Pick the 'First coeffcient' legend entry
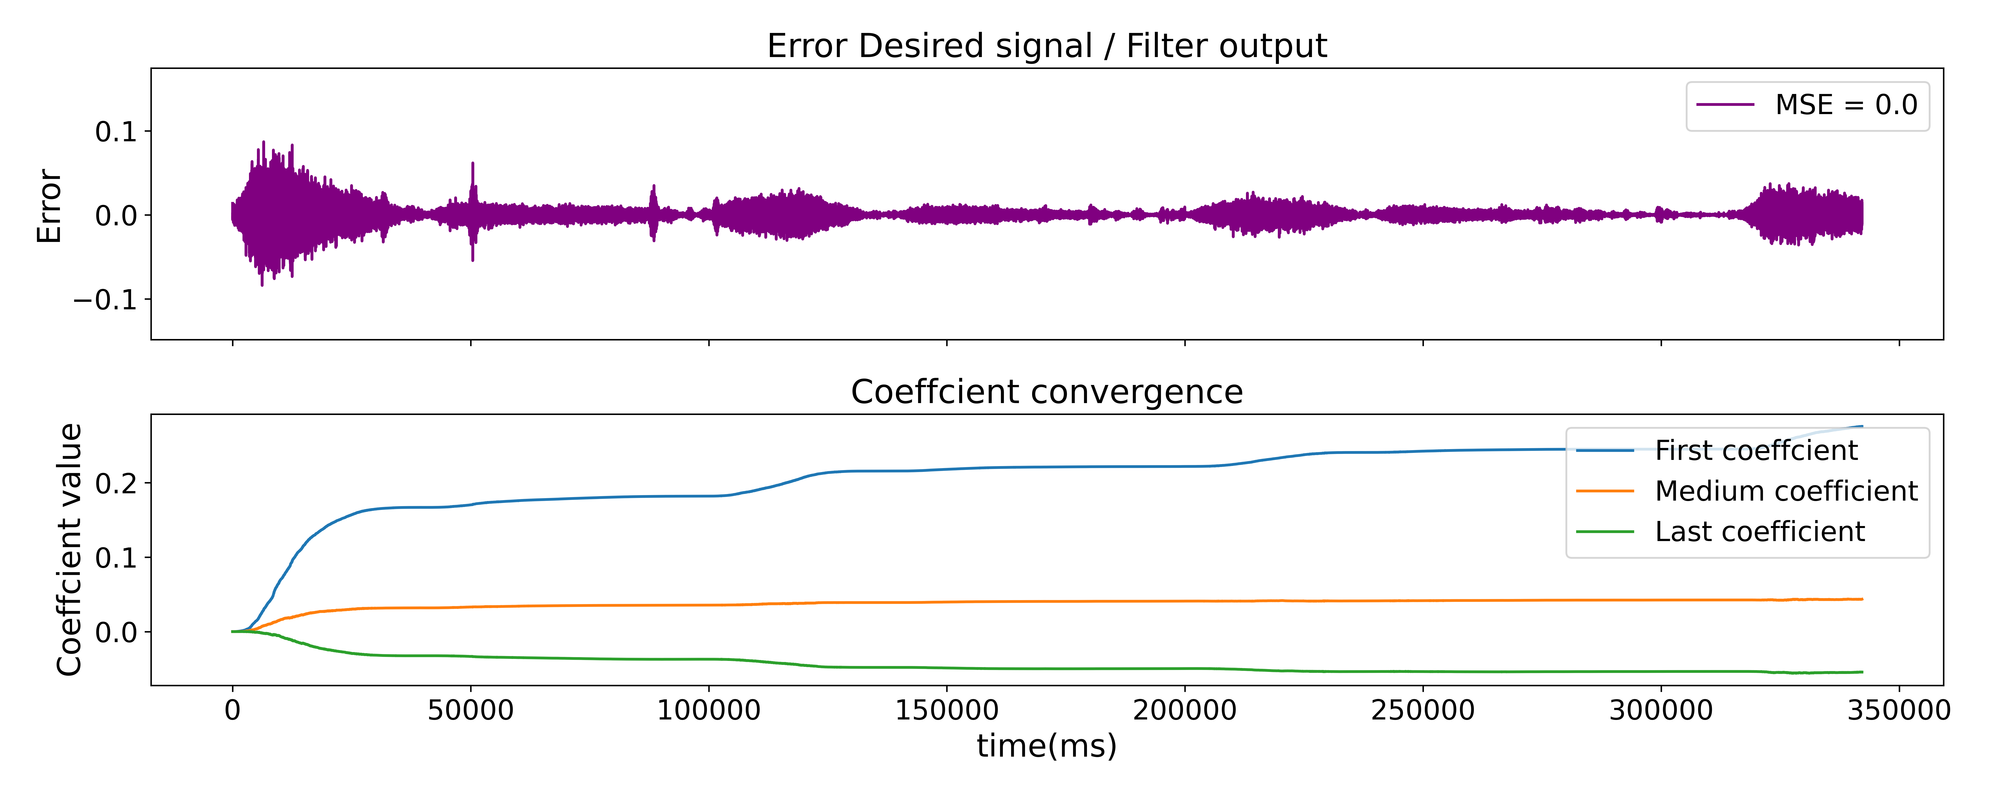(x=1755, y=451)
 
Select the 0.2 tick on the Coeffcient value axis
(x=116, y=484)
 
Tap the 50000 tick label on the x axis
(x=471, y=710)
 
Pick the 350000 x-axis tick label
(x=1898, y=710)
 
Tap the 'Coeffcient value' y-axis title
(x=69, y=549)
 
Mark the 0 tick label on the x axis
(x=233, y=710)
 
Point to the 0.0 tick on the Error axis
(x=116, y=216)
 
